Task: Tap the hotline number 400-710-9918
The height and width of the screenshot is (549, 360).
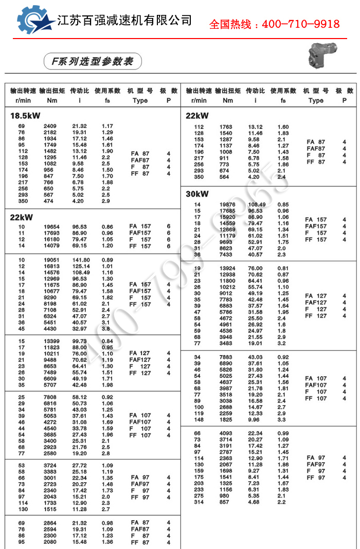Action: coord(274,24)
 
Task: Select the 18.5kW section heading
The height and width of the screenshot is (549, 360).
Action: coord(25,115)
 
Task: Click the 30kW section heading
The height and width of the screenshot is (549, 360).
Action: coord(197,194)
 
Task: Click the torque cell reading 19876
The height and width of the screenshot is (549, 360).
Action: coord(227,205)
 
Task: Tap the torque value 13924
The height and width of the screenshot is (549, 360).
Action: coord(227,269)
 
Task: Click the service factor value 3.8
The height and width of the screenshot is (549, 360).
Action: coord(105,328)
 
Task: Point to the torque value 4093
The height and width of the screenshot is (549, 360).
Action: coord(227,433)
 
